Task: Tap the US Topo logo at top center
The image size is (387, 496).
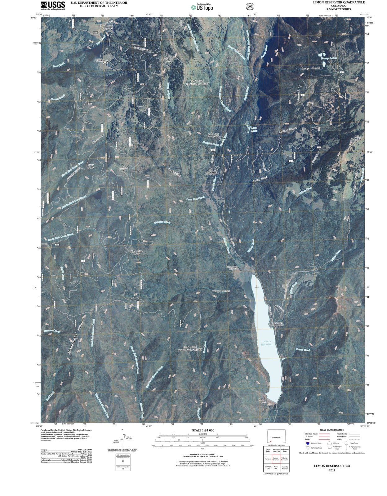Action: click(202, 7)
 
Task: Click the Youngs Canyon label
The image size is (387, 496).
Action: click(221, 291)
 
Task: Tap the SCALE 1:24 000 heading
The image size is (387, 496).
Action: click(203, 430)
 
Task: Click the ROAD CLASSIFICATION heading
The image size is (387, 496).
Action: click(332, 430)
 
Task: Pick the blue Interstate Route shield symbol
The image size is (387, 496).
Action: click(308, 443)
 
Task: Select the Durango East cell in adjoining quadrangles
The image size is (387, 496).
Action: click(268, 467)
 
